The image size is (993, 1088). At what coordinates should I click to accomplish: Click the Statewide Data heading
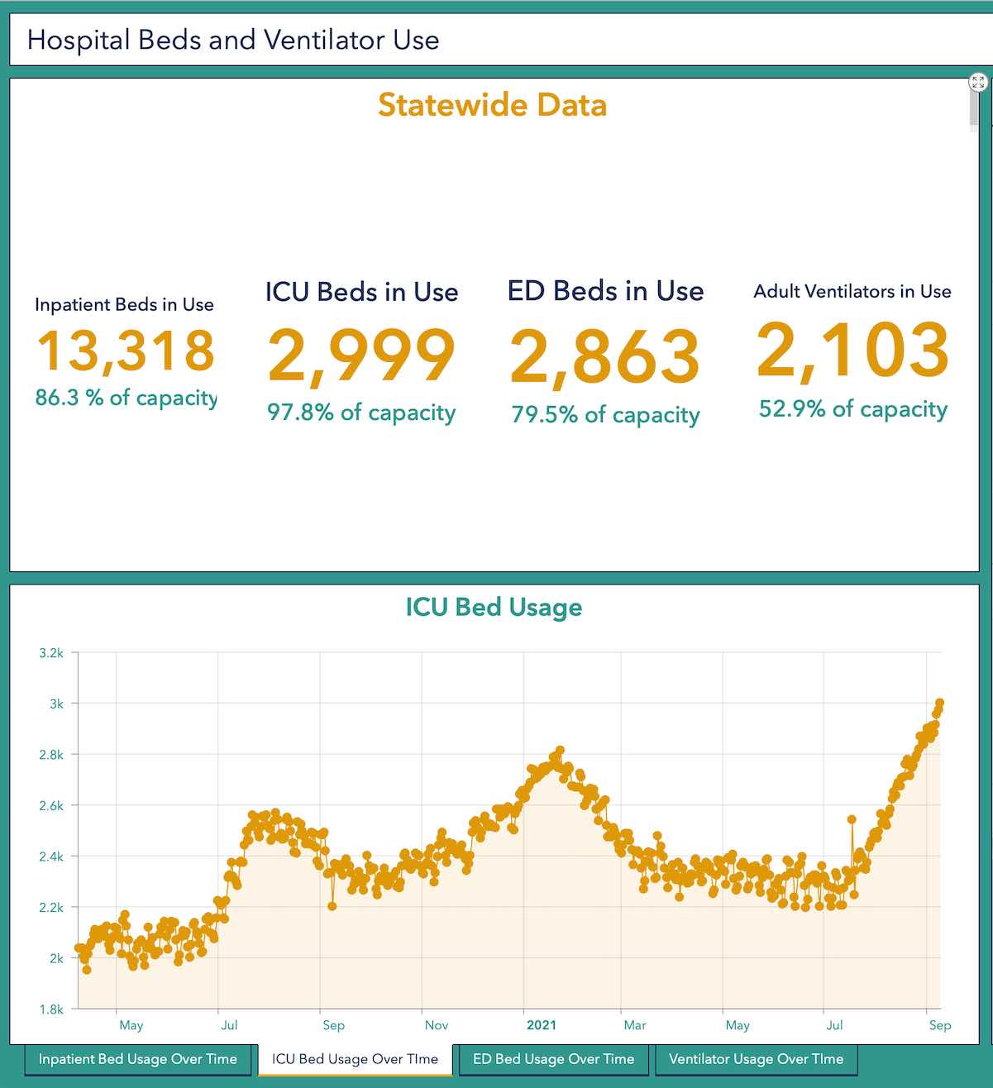point(492,105)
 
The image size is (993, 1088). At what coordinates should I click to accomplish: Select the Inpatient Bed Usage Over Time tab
point(137,1059)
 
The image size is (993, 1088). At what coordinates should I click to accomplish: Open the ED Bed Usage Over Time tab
point(553,1059)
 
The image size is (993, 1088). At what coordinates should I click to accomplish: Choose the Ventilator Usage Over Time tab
point(756,1059)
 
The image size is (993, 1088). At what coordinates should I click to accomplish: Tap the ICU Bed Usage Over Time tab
point(355,1059)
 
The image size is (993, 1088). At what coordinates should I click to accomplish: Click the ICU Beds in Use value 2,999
point(361,356)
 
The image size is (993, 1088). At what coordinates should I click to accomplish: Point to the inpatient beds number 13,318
point(126,351)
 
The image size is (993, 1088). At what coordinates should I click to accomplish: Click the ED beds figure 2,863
point(605,357)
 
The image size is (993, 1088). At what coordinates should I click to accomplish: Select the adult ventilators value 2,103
point(852,351)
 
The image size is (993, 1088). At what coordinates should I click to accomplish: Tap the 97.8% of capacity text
point(361,412)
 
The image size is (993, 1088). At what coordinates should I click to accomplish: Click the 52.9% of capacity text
point(852,408)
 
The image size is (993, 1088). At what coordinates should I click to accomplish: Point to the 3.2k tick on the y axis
point(51,653)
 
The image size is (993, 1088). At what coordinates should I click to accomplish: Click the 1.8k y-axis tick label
point(51,1009)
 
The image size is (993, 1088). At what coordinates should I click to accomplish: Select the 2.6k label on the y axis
point(51,806)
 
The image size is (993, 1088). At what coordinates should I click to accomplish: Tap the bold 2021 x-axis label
point(542,1025)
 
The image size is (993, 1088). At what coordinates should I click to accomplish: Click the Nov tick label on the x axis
point(437,1025)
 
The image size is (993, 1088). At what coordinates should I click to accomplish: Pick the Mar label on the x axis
point(635,1025)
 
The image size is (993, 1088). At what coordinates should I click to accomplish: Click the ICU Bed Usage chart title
point(494,607)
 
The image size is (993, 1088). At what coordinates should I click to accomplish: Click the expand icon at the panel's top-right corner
point(978,82)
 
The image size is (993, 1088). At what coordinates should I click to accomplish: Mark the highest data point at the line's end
point(939,704)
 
